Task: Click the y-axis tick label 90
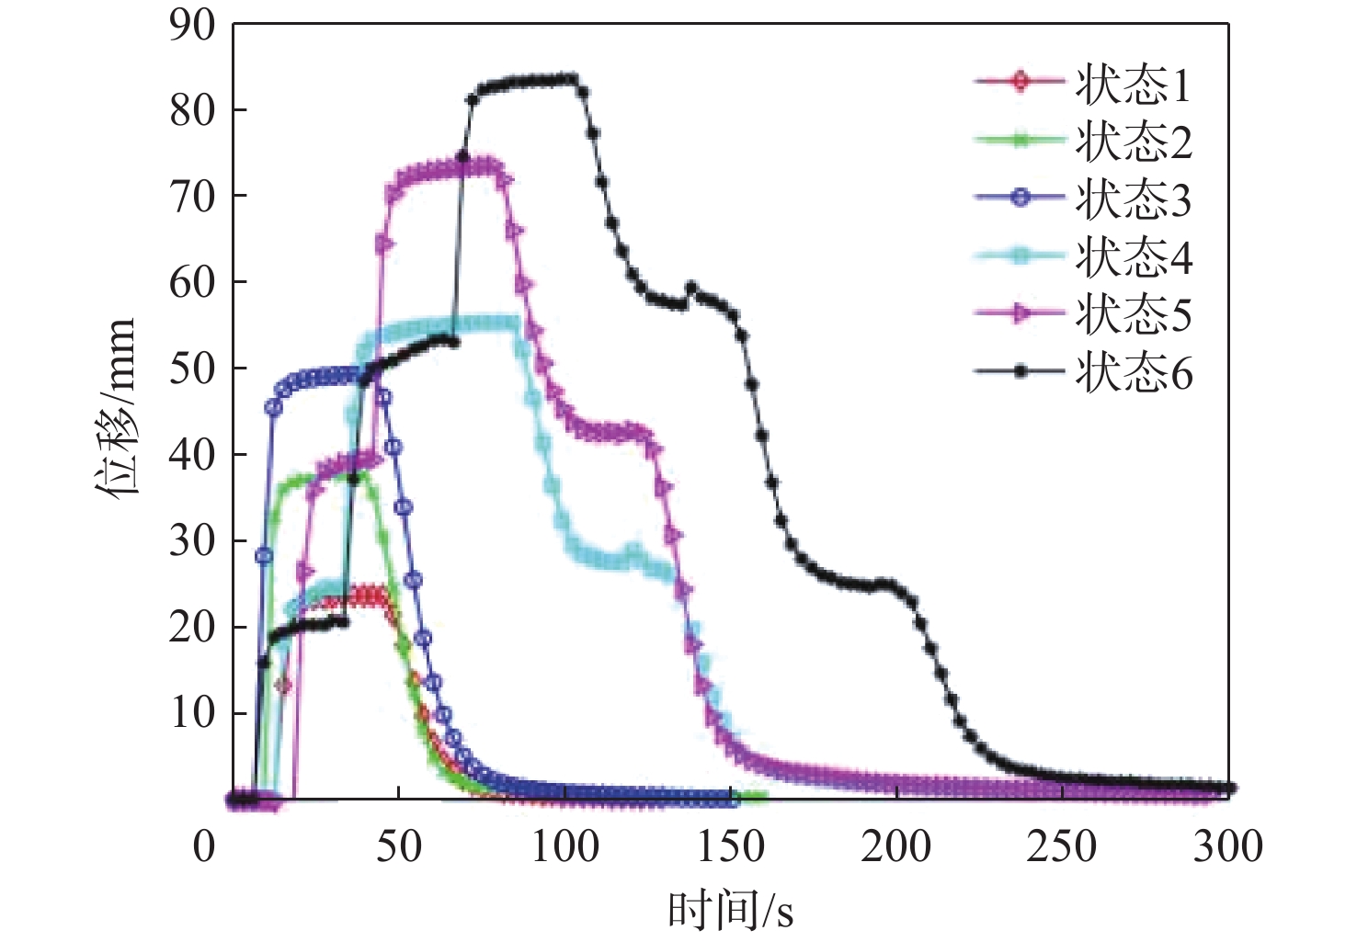point(192,26)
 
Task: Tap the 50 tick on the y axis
point(192,369)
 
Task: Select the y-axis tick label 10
point(192,713)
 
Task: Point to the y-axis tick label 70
point(192,197)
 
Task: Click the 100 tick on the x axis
point(565,846)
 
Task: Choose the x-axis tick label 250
point(1062,846)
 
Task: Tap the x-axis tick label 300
point(1227,846)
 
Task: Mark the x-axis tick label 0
point(204,846)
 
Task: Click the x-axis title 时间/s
point(730,910)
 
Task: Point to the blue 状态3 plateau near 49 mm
point(322,375)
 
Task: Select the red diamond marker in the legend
point(1019,81)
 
